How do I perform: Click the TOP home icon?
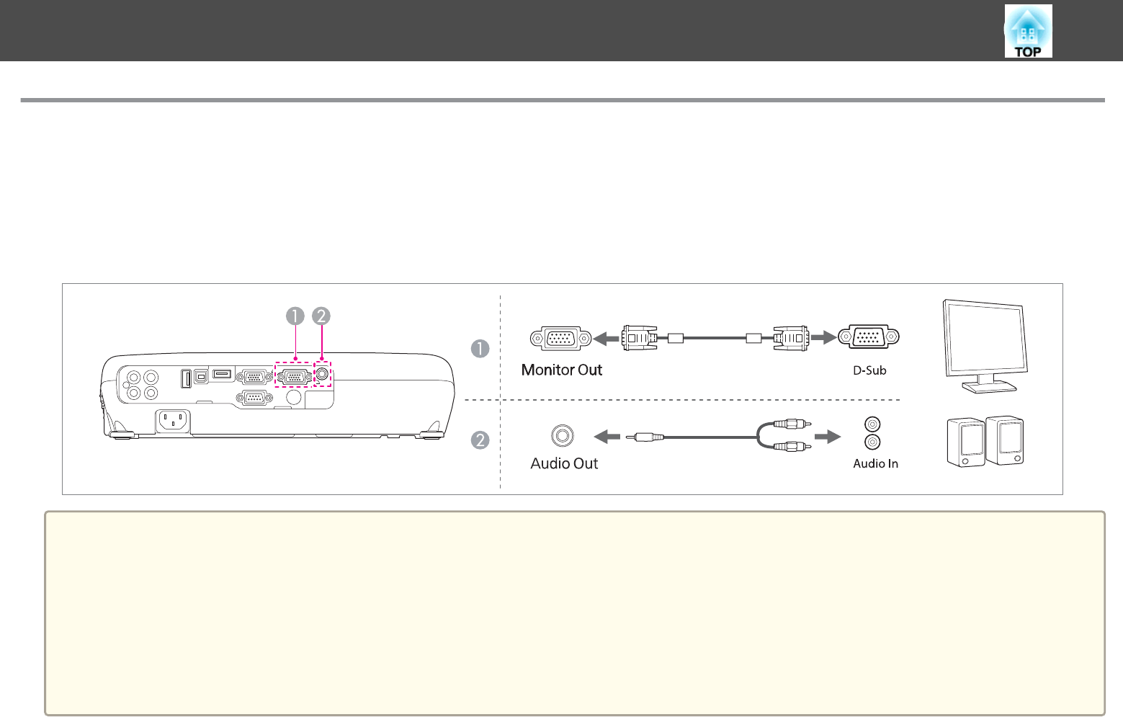pos(1028,31)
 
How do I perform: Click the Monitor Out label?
pos(562,370)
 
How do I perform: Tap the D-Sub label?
pos(869,370)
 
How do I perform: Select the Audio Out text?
pos(564,463)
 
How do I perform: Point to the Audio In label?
pos(875,464)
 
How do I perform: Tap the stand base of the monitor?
pos(988,387)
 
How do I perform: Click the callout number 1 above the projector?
pos(295,316)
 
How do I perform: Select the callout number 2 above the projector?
pos(321,316)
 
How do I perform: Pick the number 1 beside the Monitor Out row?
pos(480,349)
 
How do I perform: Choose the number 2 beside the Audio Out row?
pos(480,440)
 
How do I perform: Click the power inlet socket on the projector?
pos(173,421)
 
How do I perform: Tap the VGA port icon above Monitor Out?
pos(560,339)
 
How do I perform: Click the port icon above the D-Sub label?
pos(868,337)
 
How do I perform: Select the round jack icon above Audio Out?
pos(562,436)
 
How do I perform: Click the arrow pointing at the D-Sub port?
pos(823,337)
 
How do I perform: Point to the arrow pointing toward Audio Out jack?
pos(607,437)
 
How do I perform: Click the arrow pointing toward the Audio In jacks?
pos(828,437)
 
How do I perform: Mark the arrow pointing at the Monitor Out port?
pos(606,339)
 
